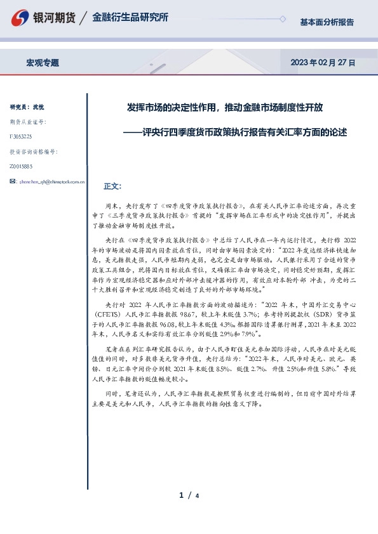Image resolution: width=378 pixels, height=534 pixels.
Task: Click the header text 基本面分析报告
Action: tap(327, 22)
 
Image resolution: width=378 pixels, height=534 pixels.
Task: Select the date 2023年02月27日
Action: tap(322, 63)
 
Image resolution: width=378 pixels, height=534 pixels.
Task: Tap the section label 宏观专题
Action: tap(43, 63)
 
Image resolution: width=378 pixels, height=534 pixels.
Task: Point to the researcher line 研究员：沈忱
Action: tap(27, 107)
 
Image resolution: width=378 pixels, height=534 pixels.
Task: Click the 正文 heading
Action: tap(111, 186)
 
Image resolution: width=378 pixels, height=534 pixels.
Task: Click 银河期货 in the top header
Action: tap(52, 18)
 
